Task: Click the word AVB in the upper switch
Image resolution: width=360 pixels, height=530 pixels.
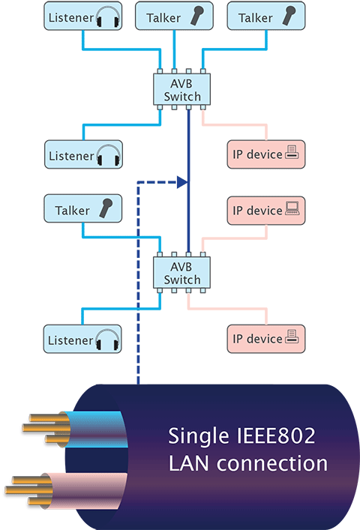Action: [x=181, y=83]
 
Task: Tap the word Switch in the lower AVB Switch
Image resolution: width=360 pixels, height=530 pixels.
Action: [x=182, y=280]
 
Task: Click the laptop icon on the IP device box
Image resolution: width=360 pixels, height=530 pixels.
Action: [x=292, y=208]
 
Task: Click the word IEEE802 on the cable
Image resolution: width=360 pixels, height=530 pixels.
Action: [x=276, y=436]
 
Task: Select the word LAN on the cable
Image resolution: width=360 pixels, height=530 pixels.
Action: [x=188, y=463]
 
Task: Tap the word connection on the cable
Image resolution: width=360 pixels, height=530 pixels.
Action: [x=272, y=463]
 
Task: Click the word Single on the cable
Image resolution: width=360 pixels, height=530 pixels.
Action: [x=199, y=437]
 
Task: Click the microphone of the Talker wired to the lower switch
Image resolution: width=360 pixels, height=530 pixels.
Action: [x=106, y=208]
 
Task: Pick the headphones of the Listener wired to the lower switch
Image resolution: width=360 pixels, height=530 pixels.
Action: [x=107, y=340]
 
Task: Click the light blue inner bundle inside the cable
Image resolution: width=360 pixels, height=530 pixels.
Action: [x=96, y=430]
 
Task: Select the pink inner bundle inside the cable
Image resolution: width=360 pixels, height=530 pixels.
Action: [x=86, y=490]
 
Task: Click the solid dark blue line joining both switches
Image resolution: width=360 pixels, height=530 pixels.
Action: [x=188, y=181]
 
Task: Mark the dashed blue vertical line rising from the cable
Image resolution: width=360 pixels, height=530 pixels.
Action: [x=138, y=283]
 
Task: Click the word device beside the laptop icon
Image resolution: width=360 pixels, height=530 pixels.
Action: [x=264, y=211]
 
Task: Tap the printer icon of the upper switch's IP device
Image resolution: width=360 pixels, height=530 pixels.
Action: [x=292, y=152]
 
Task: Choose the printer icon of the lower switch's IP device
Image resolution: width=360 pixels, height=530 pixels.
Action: [x=292, y=337]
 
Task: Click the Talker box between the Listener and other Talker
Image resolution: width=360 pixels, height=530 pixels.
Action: [x=174, y=16]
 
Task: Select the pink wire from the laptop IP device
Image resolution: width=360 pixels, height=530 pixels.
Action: [x=234, y=238]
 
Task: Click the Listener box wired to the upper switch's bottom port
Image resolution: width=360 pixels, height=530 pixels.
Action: [x=83, y=154]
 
